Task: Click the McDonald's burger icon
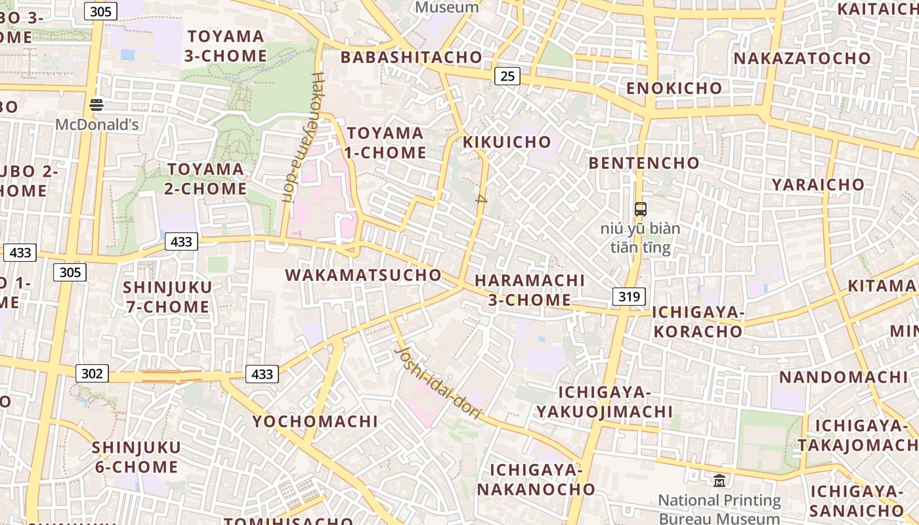point(96,104)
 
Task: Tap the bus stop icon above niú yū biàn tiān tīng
point(640,209)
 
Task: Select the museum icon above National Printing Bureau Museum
point(719,481)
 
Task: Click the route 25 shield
point(507,76)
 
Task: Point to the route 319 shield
point(629,297)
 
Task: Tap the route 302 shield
point(92,373)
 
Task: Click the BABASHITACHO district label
point(412,57)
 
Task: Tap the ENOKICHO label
point(673,88)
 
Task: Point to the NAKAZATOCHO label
point(801,58)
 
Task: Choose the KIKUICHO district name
point(507,142)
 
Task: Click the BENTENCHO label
point(644,163)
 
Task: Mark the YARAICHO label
point(818,184)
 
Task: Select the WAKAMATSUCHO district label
point(363,275)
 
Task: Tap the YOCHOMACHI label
point(315,421)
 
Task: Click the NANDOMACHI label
point(843,377)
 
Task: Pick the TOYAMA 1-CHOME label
point(386,143)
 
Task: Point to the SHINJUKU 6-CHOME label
point(136,457)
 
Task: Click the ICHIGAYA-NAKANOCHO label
point(536,480)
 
